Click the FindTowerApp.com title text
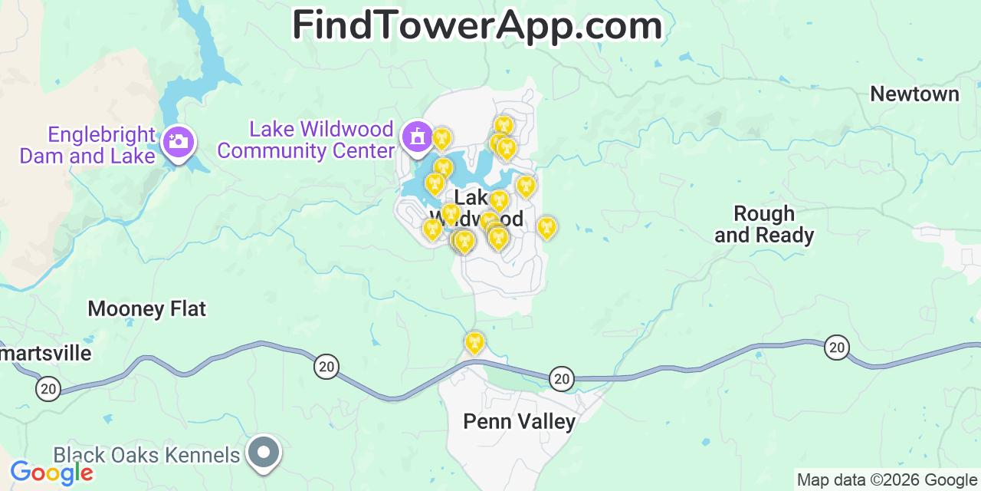(477, 26)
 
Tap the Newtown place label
(914, 94)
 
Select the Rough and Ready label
(764, 224)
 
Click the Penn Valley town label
(519, 421)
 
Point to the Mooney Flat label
(146, 309)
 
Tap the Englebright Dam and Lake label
(88, 145)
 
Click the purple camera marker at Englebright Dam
(179, 142)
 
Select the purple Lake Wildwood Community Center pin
(418, 137)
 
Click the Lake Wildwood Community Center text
(306, 140)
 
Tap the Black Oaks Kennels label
(146, 455)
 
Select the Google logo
(51, 473)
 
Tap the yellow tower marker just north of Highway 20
(474, 343)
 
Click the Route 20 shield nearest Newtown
(837, 348)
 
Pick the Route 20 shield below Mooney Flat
(326, 367)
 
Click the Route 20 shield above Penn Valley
(562, 377)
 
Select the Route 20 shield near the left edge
(48, 388)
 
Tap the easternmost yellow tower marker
(546, 227)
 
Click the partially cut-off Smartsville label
(46, 354)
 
